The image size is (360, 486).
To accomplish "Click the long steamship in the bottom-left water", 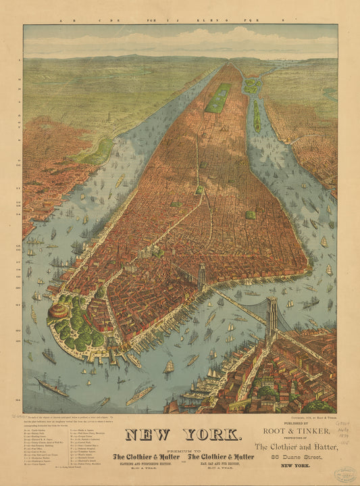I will pyautogui.click(x=53, y=387).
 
